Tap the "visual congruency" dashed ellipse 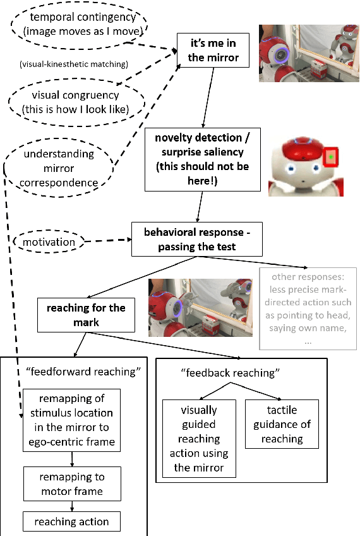(76, 101)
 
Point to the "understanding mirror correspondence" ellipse (61, 168)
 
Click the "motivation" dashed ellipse (49, 242)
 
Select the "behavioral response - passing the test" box (196, 239)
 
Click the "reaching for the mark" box (85, 315)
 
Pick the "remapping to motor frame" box (71, 484)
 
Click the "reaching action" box (71, 521)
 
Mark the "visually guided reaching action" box (199, 439)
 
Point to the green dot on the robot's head (330, 155)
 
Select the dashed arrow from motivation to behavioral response (107, 241)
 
